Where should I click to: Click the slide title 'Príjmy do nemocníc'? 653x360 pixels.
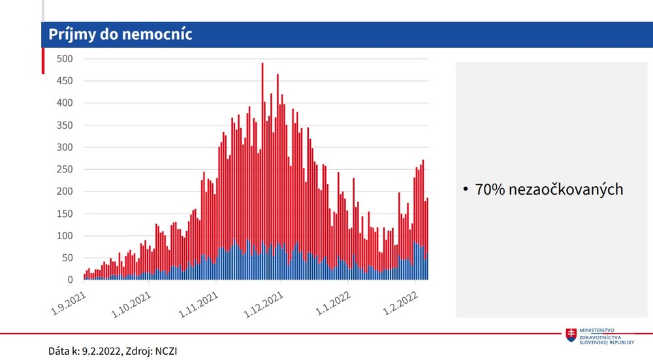click(x=120, y=35)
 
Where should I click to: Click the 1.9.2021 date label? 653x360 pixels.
click(x=69, y=303)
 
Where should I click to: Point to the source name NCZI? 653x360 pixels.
click(x=166, y=351)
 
